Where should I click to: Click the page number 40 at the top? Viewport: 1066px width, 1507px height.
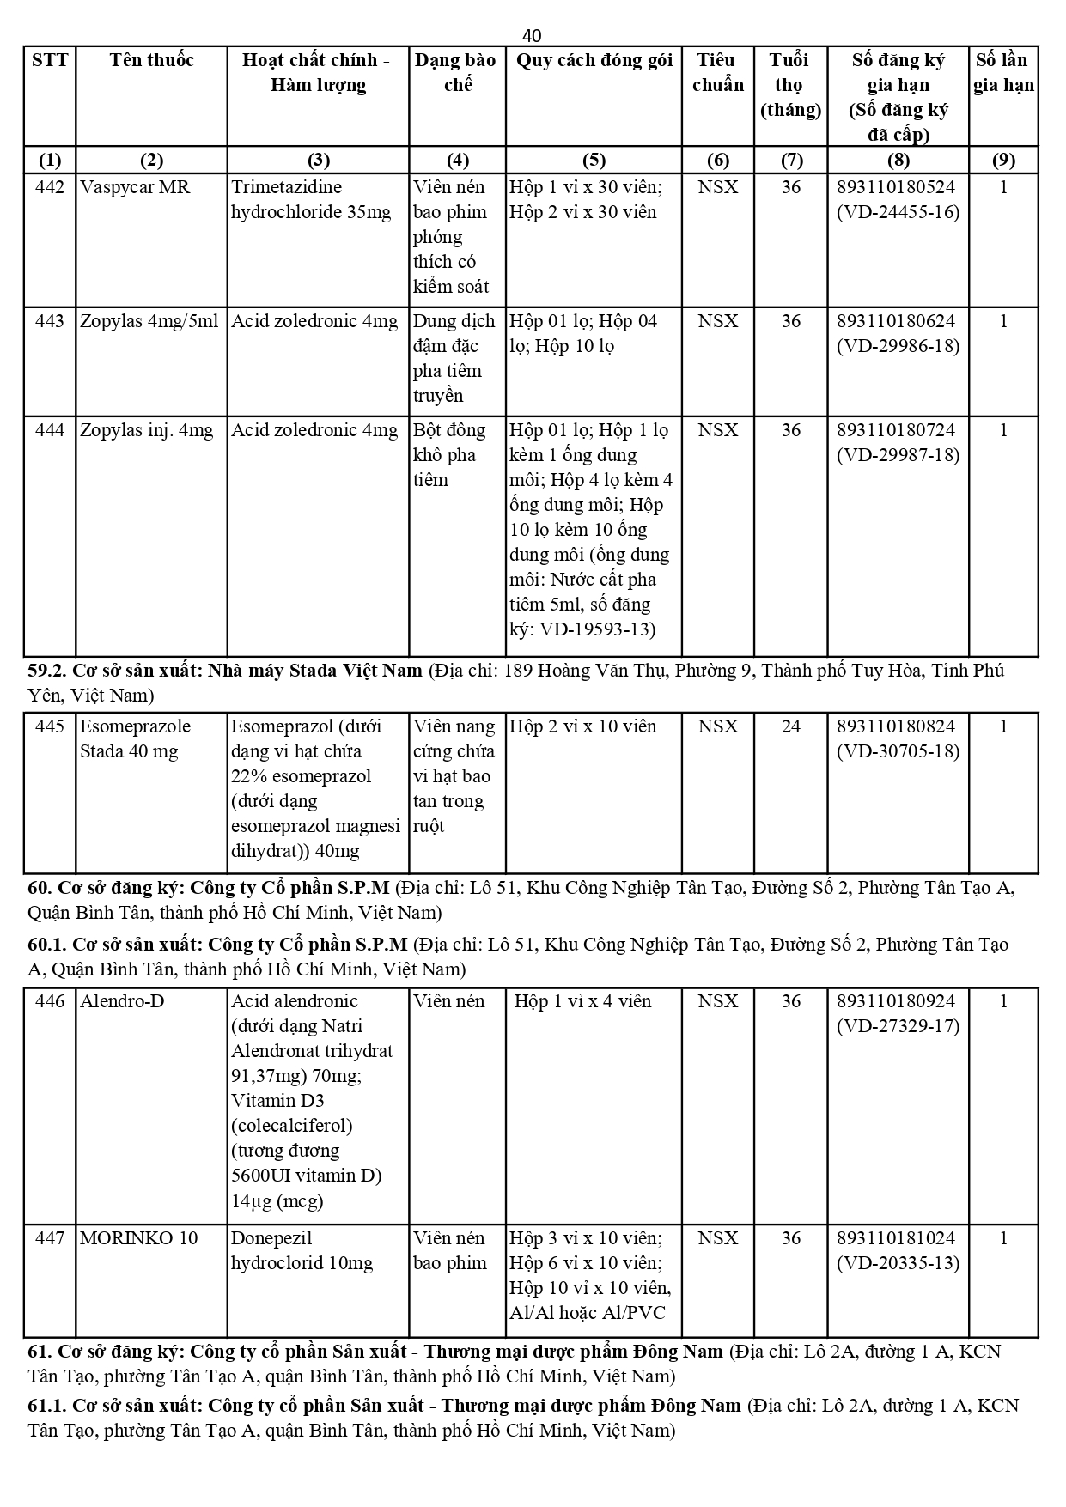(x=532, y=35)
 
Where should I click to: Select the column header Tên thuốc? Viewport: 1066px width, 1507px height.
(x=151, y=60)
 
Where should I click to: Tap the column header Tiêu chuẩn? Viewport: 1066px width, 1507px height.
(x=717, y=72)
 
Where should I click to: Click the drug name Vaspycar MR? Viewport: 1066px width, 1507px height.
(x=135, y=187)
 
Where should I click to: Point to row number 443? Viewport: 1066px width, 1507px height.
(x=50, y=321)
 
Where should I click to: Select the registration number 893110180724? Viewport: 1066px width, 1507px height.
(x=897, y=430)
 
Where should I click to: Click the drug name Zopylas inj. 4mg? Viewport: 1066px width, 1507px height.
(x=146, y=430)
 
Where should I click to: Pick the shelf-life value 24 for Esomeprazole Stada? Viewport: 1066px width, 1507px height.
(x=790, y=726)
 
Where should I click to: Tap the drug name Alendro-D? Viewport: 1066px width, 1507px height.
(x=122, y=1001)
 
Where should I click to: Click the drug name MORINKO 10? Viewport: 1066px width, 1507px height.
(x=138, y=1238)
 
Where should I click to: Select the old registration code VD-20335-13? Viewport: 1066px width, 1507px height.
(x=898, y=1263)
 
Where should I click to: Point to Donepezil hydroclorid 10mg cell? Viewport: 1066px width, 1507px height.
(x=302, y=1250)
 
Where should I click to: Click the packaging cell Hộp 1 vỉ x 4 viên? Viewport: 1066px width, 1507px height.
(x=582, y=1001)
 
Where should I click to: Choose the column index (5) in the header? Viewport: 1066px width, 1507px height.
(x=594, y=161)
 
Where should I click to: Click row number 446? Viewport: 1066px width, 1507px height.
(x=50, y=1001)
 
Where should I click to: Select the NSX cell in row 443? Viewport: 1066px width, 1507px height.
(x=717, y=321)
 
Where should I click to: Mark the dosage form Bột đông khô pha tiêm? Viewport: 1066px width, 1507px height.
(x=449, y=455)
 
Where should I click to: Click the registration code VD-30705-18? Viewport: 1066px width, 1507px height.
(x=898, y=751)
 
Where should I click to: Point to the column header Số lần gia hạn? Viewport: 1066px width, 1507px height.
(x=1002, y=72)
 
